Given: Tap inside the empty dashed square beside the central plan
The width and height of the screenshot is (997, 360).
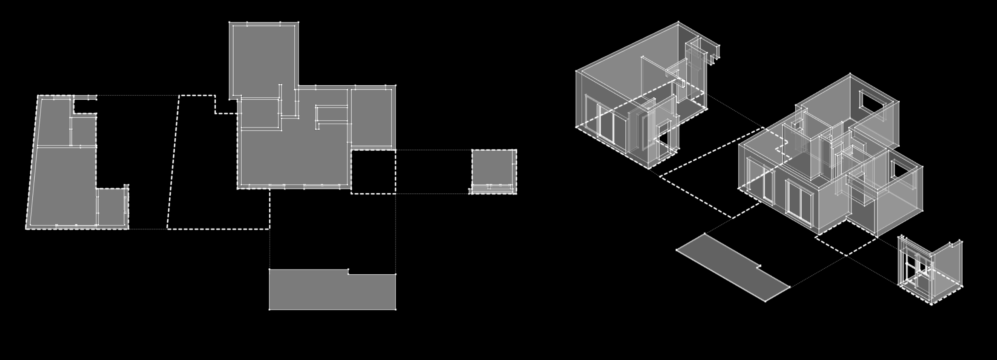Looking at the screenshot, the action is coord(373,172).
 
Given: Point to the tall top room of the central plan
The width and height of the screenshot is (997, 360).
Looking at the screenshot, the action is coord(263,58).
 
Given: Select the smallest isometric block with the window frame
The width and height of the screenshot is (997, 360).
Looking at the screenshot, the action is coord(929,271).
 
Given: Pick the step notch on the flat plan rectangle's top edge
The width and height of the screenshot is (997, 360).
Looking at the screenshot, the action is coord(348,271).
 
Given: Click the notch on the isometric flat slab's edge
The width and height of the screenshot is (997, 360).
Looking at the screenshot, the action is coord(759,267).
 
